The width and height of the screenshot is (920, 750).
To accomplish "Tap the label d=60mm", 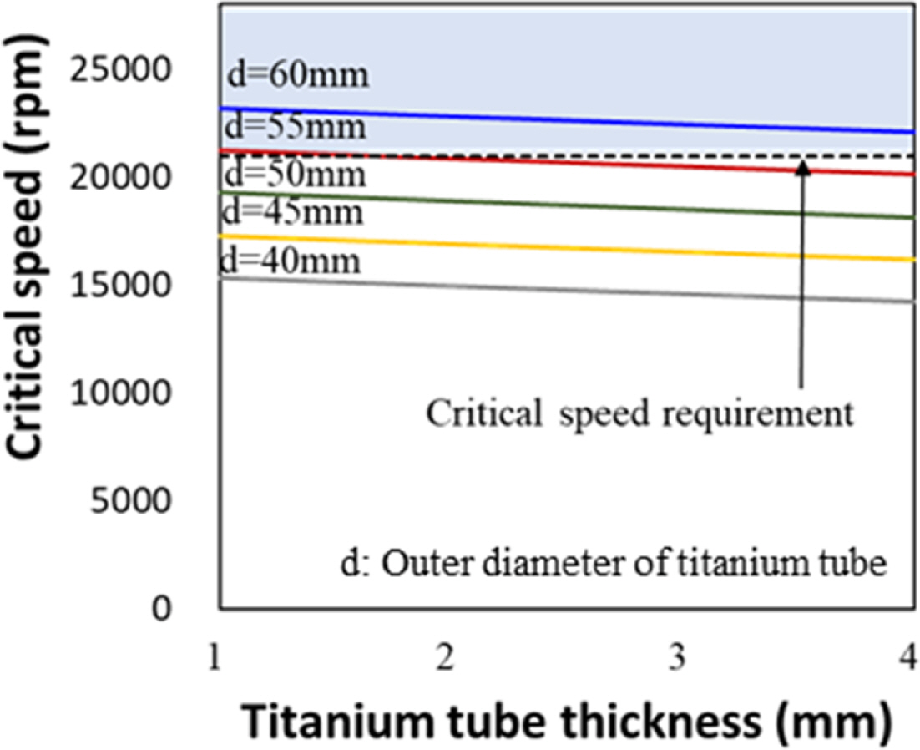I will (297, 75).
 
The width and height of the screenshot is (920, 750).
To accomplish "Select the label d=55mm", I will (296, 129).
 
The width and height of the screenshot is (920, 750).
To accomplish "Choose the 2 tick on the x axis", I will (447, 661).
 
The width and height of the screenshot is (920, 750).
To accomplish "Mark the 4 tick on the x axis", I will (907, 661).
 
